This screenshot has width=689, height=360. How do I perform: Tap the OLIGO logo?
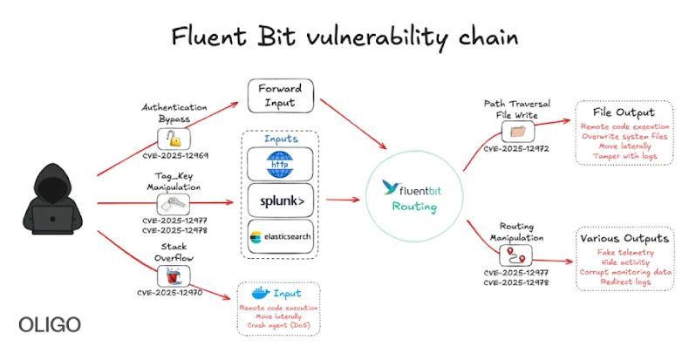pyautogui.click(x=50, y=325)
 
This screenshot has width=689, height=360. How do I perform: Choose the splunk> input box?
pyautogui.click(x=281, y=200)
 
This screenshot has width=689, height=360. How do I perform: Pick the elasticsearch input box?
pyautogui.click(x=281, y=236)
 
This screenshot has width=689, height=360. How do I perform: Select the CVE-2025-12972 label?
pyautogui.click(x=516, y=149)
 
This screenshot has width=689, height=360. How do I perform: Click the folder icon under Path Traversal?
pyautogui.click(x=515, y=132)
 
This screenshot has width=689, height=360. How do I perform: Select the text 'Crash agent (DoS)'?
pyautogui.click(x=278, y=325)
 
